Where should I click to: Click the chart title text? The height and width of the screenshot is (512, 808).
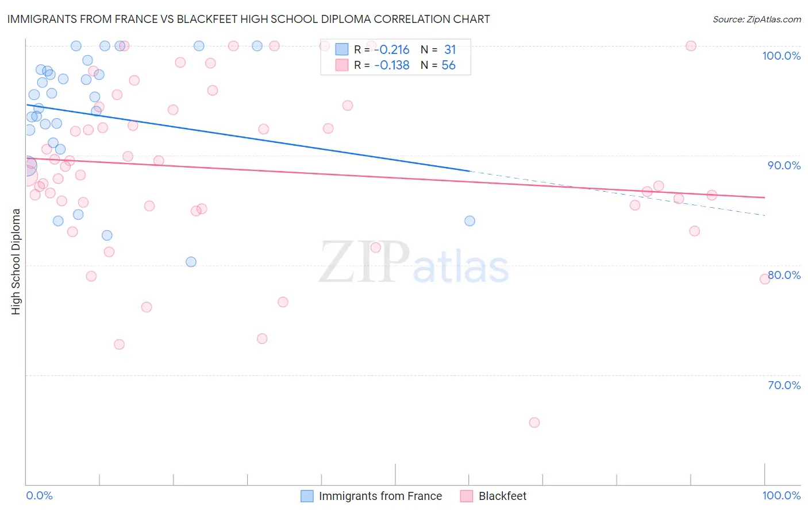(x=248, y=19)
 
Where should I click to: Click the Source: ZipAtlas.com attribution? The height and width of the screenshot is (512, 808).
(x=756, y=19)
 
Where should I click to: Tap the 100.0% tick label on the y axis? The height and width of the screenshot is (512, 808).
(x=781, y=56)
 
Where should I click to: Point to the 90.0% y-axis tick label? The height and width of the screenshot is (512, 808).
(x=784, y=165)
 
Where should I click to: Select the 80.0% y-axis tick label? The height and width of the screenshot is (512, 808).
(x=784, y=275)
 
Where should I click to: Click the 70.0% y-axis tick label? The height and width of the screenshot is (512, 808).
(x=784, y=385)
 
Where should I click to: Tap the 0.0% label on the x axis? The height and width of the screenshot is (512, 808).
(x=39, y=495)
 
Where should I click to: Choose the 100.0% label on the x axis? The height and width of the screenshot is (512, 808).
(x=781, y=495)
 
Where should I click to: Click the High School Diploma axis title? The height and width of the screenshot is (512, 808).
(x=16, y=261)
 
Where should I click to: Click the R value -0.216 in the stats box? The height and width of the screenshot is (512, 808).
(x=391, y=50)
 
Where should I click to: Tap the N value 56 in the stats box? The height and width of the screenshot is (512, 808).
(x=448, y=65)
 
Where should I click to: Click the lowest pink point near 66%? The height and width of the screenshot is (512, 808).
(x=534, y=422)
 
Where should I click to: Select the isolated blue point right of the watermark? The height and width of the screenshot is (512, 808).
(x=470, y=221)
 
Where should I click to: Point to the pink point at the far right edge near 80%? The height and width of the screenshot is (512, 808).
(x=765, y=279)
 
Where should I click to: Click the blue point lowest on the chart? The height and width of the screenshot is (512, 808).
(x=191, y=262)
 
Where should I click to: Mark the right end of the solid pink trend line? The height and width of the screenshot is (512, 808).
(x=765, y=197)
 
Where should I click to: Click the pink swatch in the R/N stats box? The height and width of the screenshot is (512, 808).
(x=342, y=65)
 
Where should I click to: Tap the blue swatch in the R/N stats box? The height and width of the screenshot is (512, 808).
(x=342, y=50)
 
